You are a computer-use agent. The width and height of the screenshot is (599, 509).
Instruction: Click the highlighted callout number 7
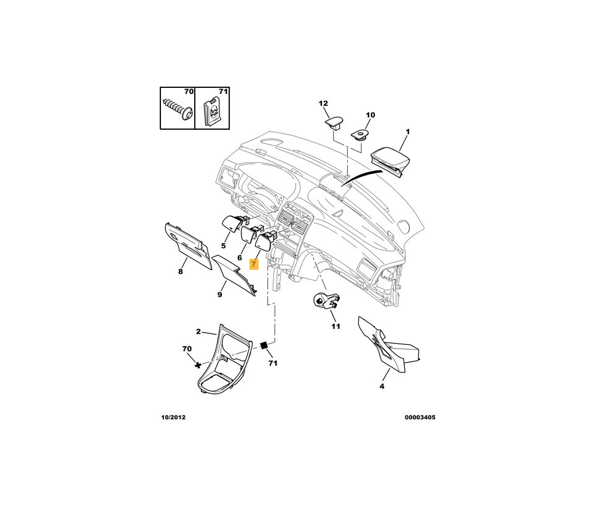[254, 264]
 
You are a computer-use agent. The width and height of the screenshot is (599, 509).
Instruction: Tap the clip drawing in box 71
[213, 111]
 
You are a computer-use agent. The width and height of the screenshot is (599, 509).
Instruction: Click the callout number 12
[323, 103]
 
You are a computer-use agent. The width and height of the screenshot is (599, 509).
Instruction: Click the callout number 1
[407, 132]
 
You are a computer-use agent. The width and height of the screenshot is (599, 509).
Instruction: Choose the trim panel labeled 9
[234, 278]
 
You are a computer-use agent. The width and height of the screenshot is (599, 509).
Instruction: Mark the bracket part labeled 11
[326, 301]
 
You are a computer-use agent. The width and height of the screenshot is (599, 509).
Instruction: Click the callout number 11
[335, 326]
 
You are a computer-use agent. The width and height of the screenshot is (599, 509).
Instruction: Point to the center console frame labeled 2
[224, 363]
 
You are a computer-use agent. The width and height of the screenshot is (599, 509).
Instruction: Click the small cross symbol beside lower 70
[198, 365]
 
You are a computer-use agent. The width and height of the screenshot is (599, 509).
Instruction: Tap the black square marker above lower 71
[265, 345]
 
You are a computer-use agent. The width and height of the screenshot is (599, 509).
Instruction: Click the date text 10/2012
[173, 417]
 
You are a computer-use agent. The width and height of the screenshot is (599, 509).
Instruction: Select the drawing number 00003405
[420, 417]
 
